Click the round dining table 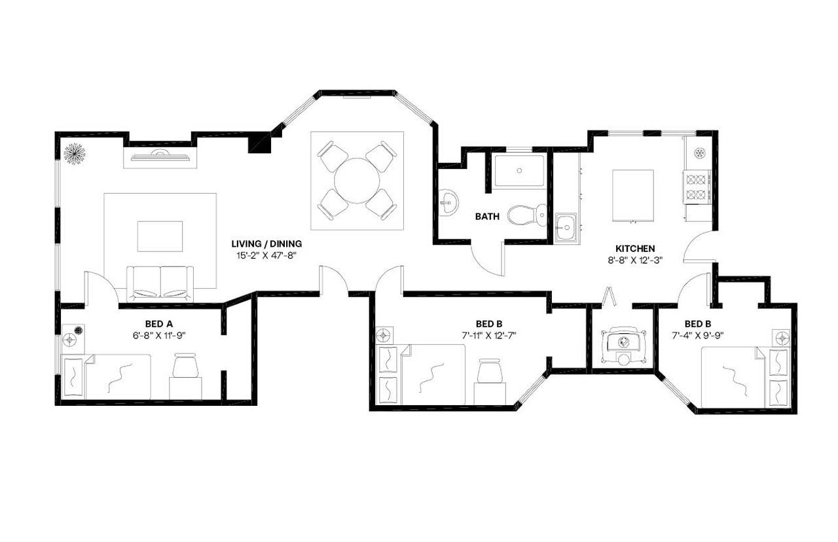[x=357, y=180]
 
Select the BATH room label [x=488, y=217]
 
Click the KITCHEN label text [x=635, y=249]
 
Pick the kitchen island [x=632, y=196]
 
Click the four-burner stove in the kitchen [x=698, y=187]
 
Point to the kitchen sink [x=565, y=228]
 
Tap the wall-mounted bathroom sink [x=448, y=202]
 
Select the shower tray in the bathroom [x=519, y=170]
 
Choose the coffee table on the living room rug [x=160, y=236]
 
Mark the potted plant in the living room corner [x=73, y=154]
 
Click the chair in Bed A [x=185, y=366]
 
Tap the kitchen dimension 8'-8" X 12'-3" [x=635, y=260]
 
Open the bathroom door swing [x=486, y=261]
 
